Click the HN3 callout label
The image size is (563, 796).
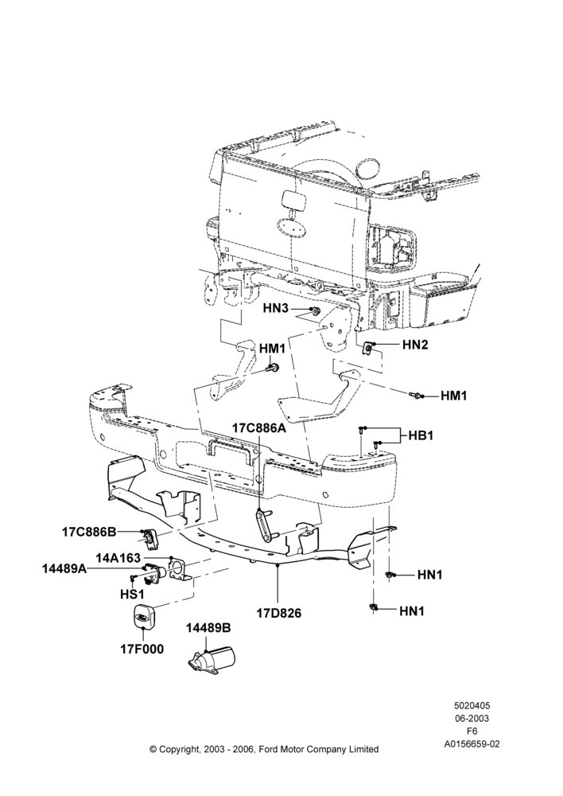(276, 309)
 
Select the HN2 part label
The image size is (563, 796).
(415, 345)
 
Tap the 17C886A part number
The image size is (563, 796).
(259, 428)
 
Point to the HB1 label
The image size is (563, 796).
(421, 435)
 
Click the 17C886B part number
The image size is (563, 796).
(89, 532)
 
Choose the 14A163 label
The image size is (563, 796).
(118, 558)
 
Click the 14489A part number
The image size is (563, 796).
(64, 570)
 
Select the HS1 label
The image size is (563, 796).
(133, 593)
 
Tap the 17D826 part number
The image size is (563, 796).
(278, 613)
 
